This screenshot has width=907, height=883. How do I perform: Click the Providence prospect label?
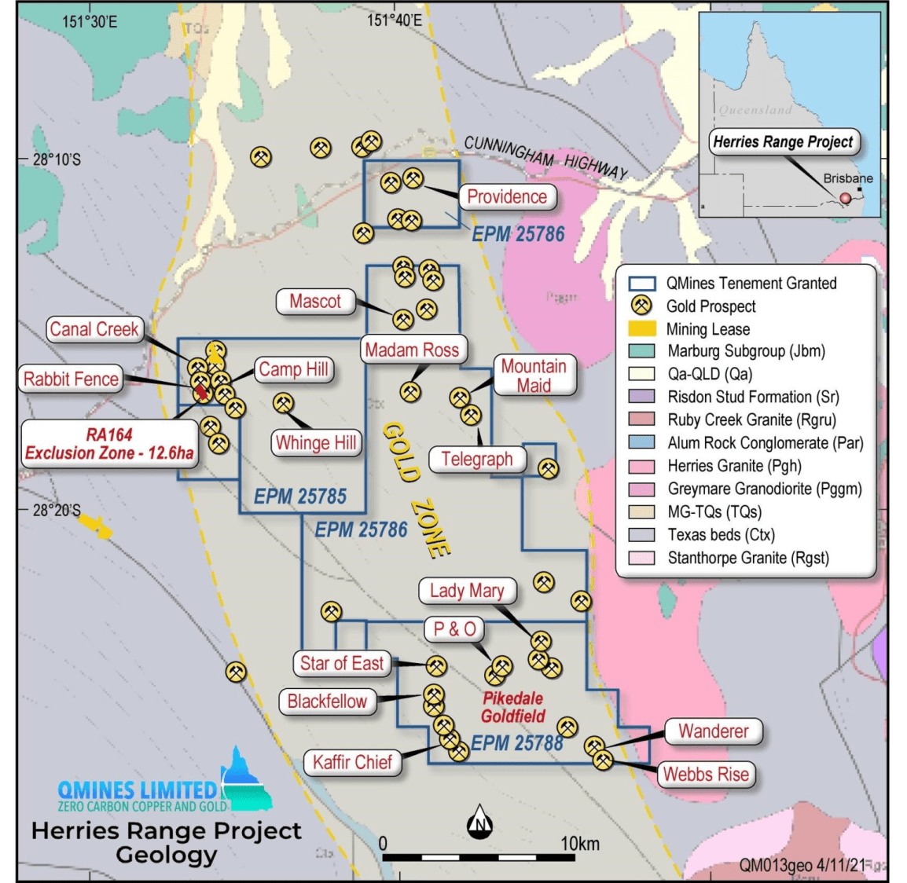point(507,196)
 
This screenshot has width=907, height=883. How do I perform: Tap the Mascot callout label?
point(315,301)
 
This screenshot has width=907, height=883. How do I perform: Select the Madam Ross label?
point(412,350)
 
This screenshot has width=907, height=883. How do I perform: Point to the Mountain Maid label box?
point(534,376)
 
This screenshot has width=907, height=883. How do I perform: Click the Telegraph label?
point(476,459)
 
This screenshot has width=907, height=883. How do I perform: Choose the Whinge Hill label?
point(315,442)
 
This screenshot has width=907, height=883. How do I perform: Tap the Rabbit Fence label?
point(71,379)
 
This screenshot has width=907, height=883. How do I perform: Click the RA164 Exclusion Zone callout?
point(109,444)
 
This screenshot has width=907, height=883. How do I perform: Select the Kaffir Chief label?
point(352,761)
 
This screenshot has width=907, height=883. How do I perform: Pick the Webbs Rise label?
point(706,774)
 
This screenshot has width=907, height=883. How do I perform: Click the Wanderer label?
point(713,731)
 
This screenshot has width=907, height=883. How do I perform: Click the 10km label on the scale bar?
point(579,844)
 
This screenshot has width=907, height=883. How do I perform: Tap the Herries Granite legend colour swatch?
point(642,466)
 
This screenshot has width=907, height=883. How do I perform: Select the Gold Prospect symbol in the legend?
point(642,306)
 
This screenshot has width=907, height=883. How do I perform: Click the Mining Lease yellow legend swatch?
point(642,328)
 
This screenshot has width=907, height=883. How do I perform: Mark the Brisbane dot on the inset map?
point(846,198)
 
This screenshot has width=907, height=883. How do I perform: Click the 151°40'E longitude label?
point(395,20)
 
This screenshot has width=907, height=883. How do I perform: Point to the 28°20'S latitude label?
point(57,510)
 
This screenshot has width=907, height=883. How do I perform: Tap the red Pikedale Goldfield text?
point(512,707)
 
